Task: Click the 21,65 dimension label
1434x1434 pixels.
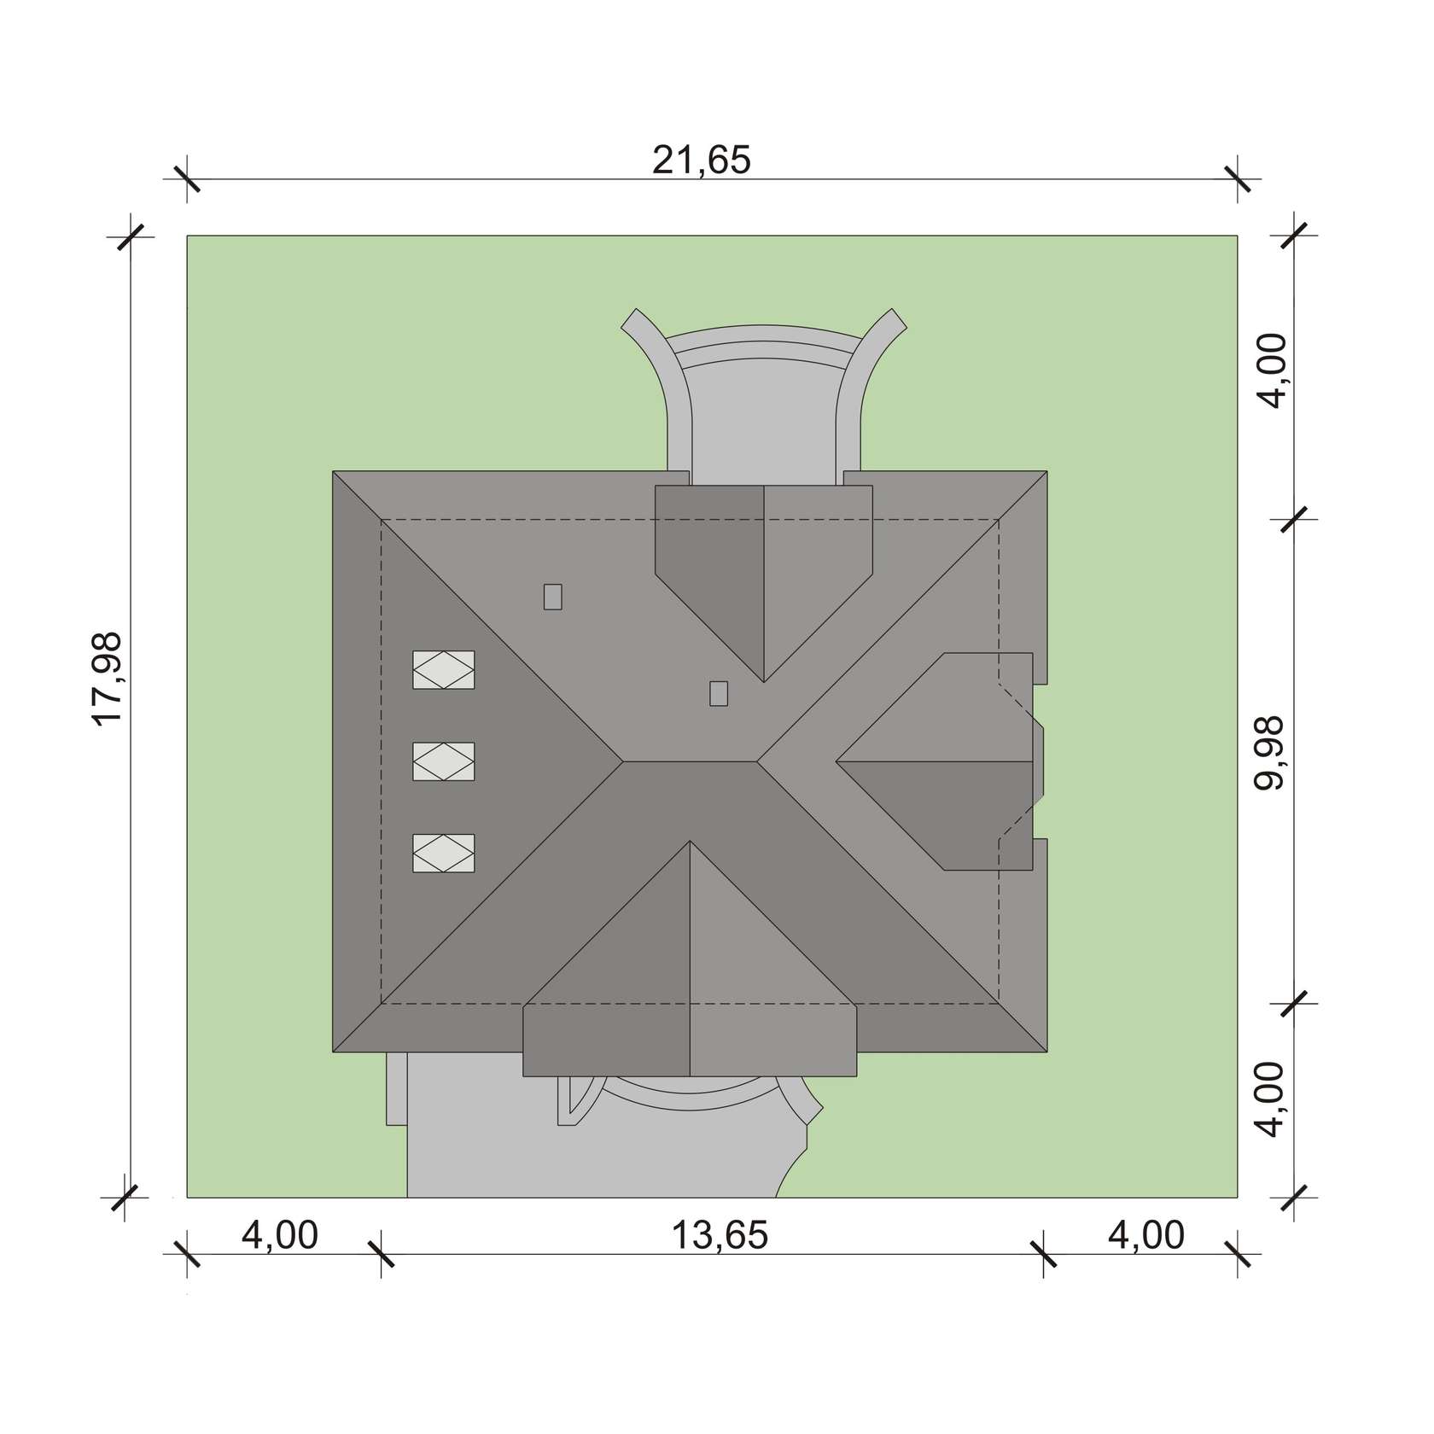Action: coord(702,160)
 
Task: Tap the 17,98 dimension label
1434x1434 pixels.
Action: coord(109,679)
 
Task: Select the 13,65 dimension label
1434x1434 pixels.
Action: coord(720,1235)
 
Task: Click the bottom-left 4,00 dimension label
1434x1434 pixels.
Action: coord(280,1235)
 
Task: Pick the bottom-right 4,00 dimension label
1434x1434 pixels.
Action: coord(1146,1235)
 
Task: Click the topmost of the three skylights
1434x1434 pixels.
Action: coord(444,670)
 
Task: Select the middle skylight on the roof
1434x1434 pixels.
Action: coord(444,761)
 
